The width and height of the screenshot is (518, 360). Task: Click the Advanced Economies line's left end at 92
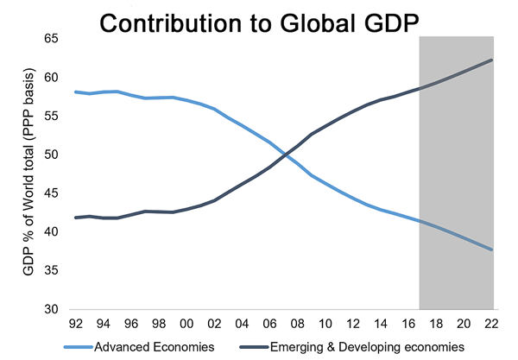[x=75, y=92]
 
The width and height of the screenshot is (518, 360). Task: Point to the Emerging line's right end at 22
[x=493, y=60]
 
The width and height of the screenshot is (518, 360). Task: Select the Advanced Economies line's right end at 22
[x=493, y=249]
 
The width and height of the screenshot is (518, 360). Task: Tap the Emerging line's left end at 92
[x=75, y=218]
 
